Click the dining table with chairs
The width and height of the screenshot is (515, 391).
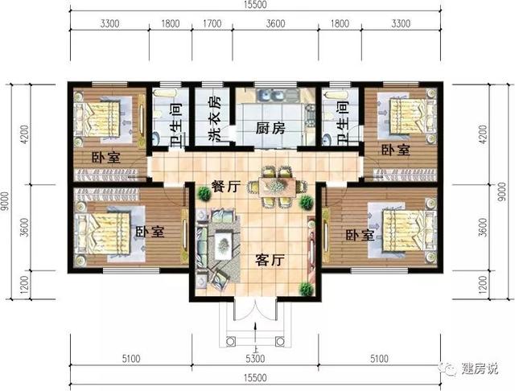[276, 183]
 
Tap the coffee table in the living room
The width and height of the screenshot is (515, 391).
[220, 241]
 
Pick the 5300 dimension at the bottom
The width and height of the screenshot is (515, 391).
[254, 358]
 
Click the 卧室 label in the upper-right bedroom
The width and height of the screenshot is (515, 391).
[394, 150]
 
